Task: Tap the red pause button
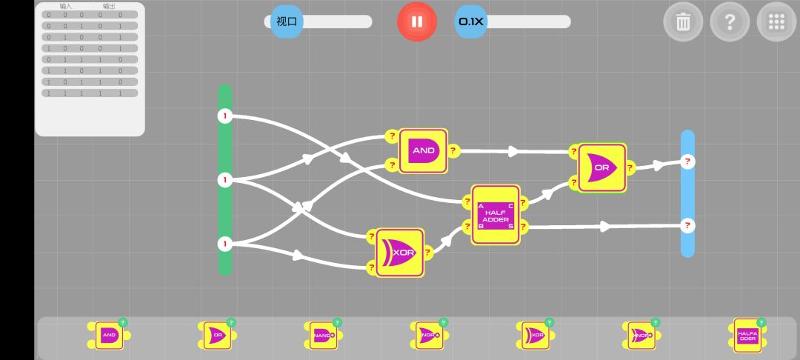click(417, 21)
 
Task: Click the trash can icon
click(683, 22)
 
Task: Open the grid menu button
click(776, 22)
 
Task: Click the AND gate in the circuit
click(424, 151)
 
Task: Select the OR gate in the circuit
click(601, 167)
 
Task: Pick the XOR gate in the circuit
click(401, 253)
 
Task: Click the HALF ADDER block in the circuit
click(496, 215)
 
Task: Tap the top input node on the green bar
click(225, 116)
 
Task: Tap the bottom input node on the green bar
click(225, 243)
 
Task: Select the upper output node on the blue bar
click(687, 161)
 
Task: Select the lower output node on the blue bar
click(687, 224)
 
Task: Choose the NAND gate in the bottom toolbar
click(322, 335)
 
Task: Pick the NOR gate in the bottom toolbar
click(428, 335)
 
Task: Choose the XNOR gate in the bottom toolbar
click(641, 335)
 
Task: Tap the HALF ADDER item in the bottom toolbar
click(747, 336)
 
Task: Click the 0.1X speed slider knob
click(471, 21)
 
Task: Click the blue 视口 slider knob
click(287, 21)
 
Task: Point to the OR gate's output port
click(630, 167)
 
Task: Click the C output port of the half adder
click(523, 201)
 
